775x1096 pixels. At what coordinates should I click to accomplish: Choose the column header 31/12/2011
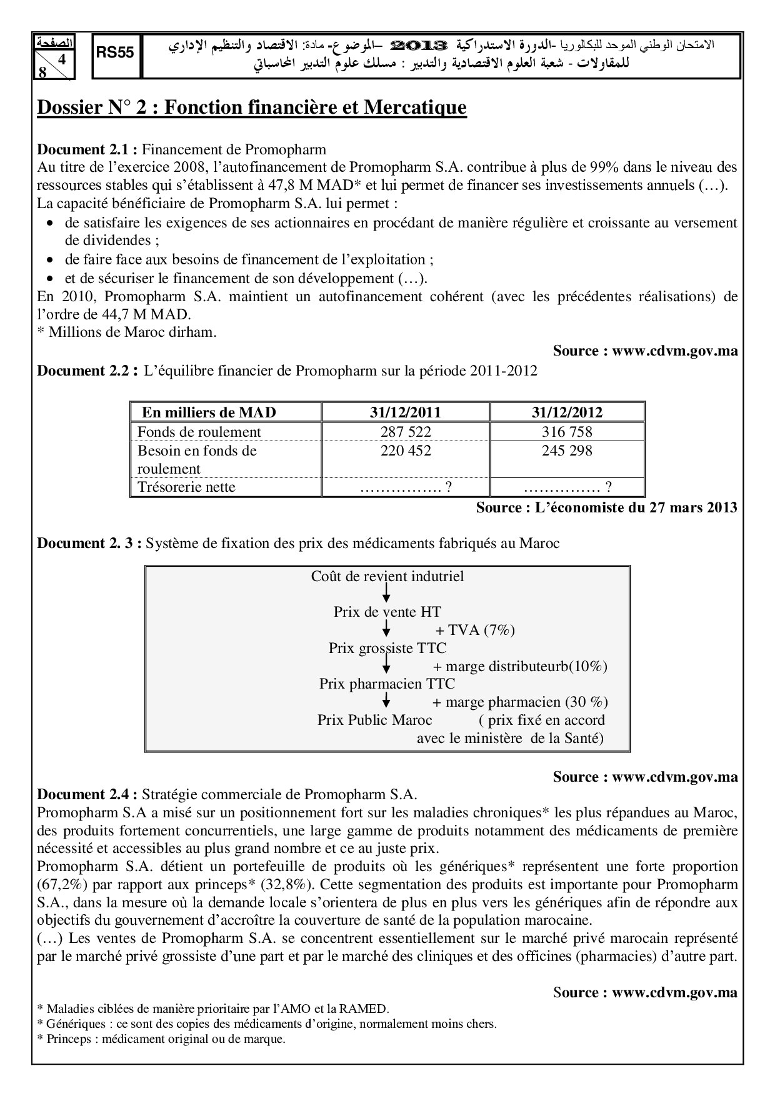[x=405, y=412]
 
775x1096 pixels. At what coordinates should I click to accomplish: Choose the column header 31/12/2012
[x=567, y=412]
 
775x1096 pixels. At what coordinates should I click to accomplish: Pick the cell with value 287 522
[x=406, y=432]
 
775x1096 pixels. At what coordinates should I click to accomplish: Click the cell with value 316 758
[x=567, y=432]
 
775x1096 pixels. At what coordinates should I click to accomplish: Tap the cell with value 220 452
[x=406, y=451]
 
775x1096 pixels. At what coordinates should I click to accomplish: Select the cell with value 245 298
[x=567, y=451]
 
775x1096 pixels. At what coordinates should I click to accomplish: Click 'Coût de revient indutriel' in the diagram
[x=387, y=576]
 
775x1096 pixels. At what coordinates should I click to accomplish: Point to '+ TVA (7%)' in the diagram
[x=475, y=630]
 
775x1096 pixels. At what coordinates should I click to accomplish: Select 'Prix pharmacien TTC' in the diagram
[x=387, y=684]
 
